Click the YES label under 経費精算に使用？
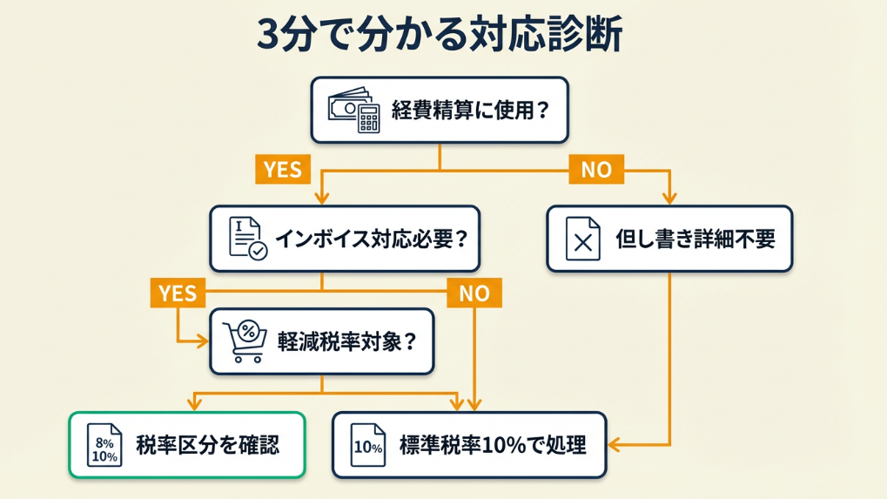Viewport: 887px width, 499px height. point(282,170)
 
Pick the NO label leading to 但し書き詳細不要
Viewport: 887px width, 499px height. point(596,170)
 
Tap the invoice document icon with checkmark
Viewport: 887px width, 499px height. point(247,238)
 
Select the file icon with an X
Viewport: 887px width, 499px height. point(583,239)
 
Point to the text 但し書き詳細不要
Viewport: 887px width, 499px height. point(695,239)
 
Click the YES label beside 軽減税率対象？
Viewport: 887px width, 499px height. point(178,293)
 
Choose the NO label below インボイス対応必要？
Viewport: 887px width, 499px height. point(474,293)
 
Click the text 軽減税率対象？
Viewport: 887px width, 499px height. point(346,341)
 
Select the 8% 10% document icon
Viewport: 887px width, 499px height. point(104,446)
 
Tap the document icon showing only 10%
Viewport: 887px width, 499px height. point(367,446)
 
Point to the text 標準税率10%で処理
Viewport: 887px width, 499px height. point(492,446)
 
